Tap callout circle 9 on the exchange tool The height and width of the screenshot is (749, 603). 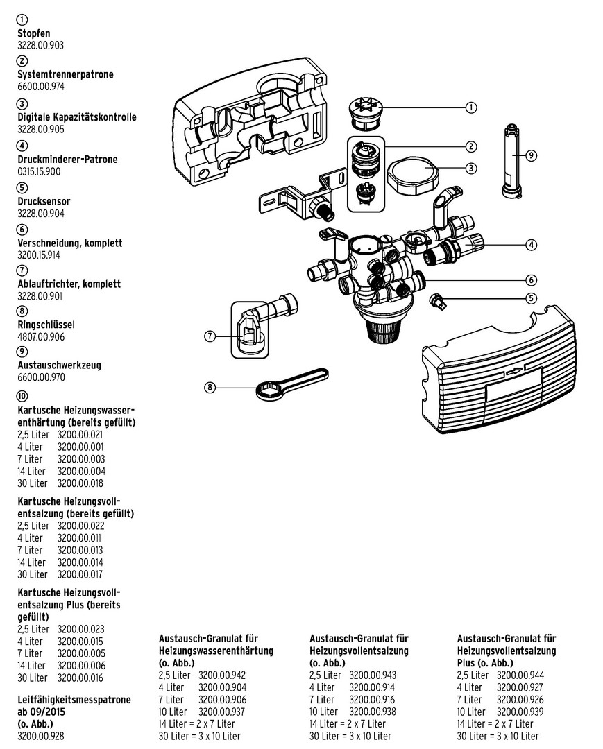pyautogui.click(x=532, y=155)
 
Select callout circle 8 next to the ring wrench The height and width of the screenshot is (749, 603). pyautogui.click(x=210, y=388)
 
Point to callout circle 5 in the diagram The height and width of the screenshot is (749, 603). pyautogui.click(x=531, y=299)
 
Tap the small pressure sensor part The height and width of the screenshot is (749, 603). pyautogui.click(x=439, y=300)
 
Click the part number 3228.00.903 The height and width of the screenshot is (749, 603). pyautogui.click(x=40, y=45)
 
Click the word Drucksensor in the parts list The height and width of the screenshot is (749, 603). pyautogui.click(x=44, y=202)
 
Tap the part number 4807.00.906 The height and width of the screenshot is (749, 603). pyautogui.click(x=41, y=336)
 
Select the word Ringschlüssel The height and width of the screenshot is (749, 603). pyautogui.click(x=46, y=324)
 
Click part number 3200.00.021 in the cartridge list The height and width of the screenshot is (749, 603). pyautogui.click(x=80, y=434)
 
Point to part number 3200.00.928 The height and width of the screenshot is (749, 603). pyautogui.click(x=40, y=737)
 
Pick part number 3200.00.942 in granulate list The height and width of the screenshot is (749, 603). pyautogui.click(x=222, y=675)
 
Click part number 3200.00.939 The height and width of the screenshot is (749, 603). pyautogui.click(x=520, y=712)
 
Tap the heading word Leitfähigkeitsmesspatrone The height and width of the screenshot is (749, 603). pyautogui.click(x=74, y=700)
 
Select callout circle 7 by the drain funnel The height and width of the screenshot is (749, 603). pyautogui.click(x=210, y=336)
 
